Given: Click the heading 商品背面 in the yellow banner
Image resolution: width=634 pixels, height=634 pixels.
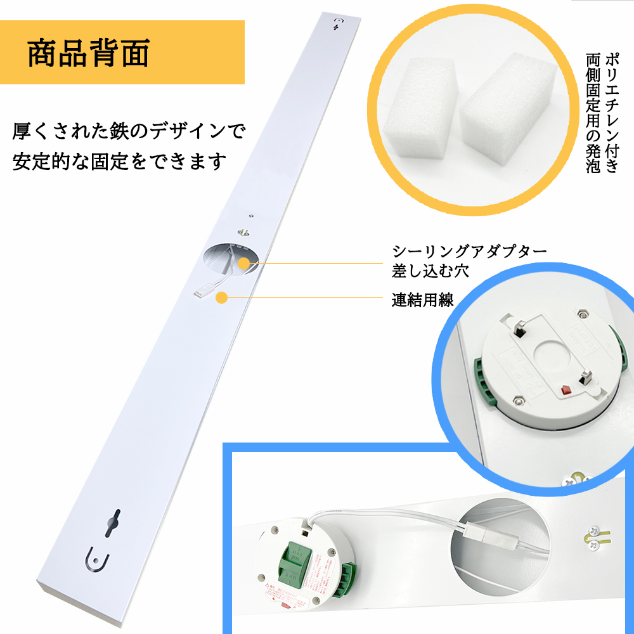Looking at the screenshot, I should click(89, 54).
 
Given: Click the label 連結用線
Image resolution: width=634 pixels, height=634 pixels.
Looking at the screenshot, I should click(422, 300).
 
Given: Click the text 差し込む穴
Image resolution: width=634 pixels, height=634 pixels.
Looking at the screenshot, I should click(430, 271).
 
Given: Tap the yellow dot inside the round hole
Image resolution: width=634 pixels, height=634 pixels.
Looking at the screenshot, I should click(243, 263).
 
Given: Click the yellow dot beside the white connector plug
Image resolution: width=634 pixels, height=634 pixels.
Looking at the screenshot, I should click(222, 298).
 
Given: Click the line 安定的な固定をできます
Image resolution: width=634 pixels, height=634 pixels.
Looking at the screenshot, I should click(119, 162).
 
